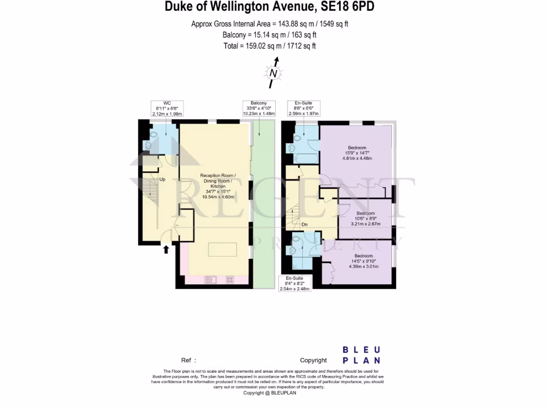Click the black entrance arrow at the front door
[166, 248]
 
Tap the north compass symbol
[273, 73]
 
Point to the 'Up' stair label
[163, 179]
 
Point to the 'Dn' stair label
[304, 224]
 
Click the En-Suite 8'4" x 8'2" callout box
[296, 283]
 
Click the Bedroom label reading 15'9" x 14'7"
[357, 153]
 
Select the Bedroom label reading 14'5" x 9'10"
[364, 261]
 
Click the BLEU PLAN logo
[362, 355]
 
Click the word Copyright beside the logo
[314, 361]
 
